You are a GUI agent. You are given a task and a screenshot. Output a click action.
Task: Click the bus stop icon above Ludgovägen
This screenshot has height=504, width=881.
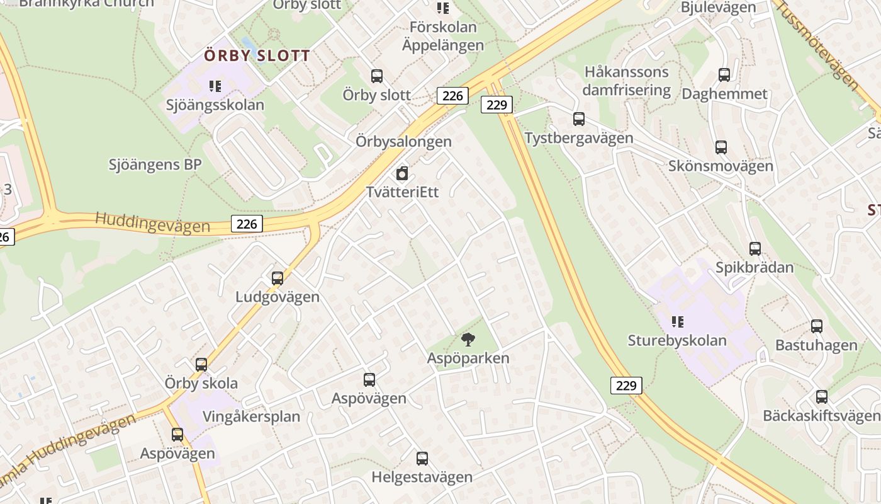click(x=277, y=278)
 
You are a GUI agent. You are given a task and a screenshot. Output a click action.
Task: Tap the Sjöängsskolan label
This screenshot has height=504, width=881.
click(x=215, y=105)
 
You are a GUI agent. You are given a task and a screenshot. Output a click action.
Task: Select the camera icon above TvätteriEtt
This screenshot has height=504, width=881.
click(x=402, y=173)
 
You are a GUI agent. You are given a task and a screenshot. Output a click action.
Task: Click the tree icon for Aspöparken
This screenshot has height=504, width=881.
click(x=468, y=340)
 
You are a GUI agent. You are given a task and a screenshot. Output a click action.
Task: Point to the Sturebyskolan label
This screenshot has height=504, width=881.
click(x=677, y=341)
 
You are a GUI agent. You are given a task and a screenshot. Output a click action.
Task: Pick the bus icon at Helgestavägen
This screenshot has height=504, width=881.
click(x=422, y=459)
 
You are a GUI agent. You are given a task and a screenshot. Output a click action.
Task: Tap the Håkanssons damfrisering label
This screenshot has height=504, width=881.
click(x=626, y=81)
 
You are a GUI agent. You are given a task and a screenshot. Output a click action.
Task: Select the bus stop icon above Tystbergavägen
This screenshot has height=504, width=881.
click(x=578, y=118)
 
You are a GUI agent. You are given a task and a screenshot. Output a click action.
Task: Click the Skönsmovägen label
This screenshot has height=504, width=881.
click(x=721, y=166)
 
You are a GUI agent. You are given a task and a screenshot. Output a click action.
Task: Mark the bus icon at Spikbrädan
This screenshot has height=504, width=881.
click(x=755, y=249)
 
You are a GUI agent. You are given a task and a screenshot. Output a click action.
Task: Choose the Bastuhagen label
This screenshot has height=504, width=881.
click(x=816, y=345)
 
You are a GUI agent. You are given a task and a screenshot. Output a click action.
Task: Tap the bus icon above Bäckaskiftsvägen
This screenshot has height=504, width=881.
click(x=821, y=397)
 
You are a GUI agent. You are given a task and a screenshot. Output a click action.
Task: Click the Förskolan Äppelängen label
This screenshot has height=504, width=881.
click(x=443, y=36)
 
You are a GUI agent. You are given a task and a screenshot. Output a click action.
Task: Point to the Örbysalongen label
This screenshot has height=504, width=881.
click(x=403, y=141)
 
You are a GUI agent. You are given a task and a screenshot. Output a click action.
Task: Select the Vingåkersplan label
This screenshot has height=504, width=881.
click(x=251, y=416)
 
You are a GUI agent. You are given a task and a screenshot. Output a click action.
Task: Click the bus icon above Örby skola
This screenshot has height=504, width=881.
click(x=201, y=365)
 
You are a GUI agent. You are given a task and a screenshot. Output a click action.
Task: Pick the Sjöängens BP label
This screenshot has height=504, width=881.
click(x=155, y=165)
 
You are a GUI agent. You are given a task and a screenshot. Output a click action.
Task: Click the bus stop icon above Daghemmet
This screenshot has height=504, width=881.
click(x=724, y=75)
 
